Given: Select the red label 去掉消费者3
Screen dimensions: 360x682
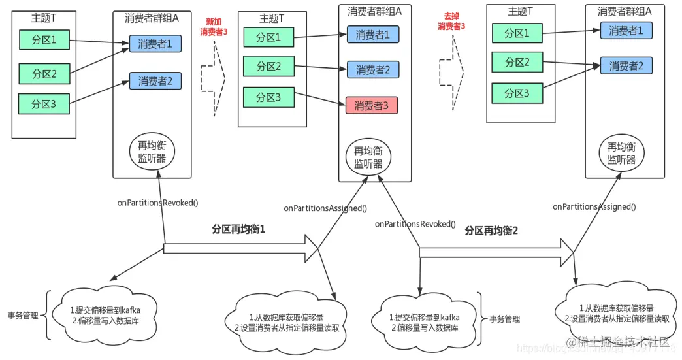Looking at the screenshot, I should click(451, 22).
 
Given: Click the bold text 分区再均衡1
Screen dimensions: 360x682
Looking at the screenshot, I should click(238, 229).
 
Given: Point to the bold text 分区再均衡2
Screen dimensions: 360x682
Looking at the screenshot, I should click(491, 231).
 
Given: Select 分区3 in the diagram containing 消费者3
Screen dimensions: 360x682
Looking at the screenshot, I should click(268, 97).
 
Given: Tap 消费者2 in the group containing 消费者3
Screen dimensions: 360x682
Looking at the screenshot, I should click(372, 70).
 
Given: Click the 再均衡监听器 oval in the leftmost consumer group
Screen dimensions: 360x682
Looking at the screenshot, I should click(152, 152).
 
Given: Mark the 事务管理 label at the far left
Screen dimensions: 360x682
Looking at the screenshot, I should click(22, 316).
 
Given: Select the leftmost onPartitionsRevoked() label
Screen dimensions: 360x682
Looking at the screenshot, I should click(156, 203).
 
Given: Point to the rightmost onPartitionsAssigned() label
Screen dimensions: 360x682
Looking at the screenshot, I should click(594, 206).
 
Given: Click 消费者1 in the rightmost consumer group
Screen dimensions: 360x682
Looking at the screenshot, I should click(626, 31).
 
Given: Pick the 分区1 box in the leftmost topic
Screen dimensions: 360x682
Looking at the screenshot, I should click(45, 40).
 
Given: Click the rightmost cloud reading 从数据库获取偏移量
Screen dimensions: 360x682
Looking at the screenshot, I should click(617, 313).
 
